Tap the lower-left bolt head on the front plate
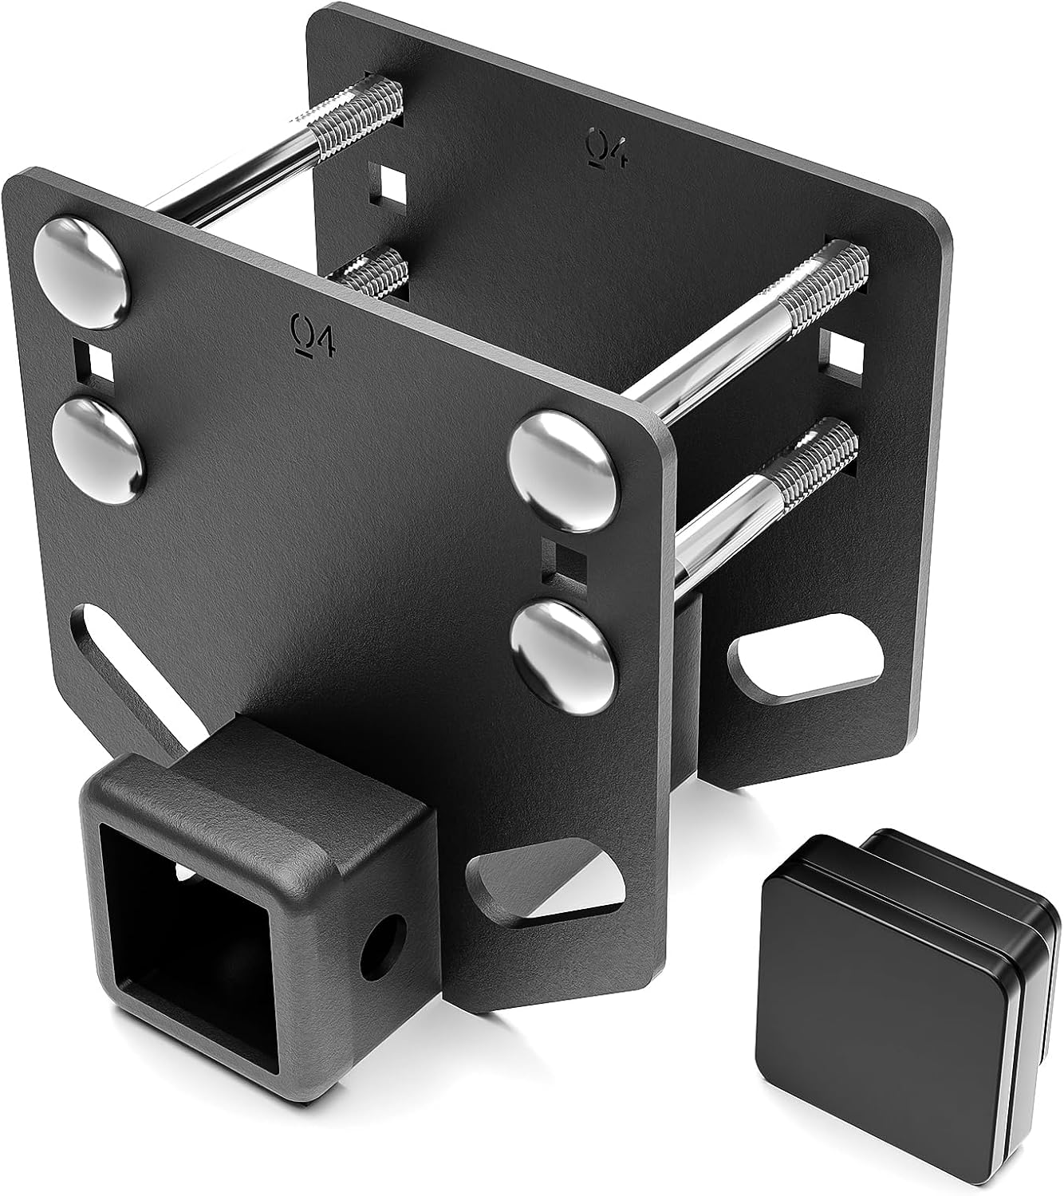tap(98, 451)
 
